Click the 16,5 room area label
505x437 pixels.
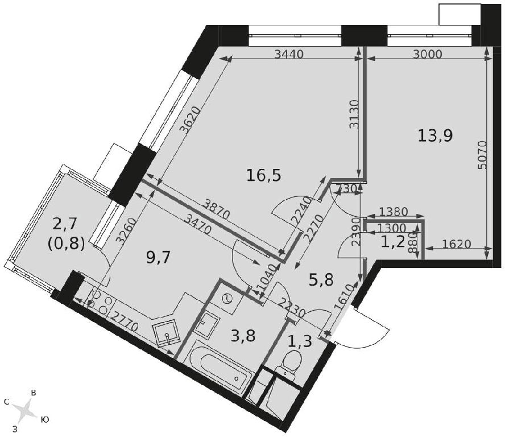(264, 176)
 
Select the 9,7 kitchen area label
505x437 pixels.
(158, 258)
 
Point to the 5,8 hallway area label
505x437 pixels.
(321, 281)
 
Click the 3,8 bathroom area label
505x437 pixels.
(243, 336)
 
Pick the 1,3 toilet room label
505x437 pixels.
(300, 341)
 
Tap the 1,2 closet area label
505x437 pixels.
(392, 242)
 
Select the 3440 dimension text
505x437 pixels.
(289, 55)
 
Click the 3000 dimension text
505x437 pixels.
(428, 55)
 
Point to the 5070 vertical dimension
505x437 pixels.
(482, 155)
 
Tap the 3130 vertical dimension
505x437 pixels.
(354, 114)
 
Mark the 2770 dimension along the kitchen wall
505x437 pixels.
(124, 321)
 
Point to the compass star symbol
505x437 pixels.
(25, 411)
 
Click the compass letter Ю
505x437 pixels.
(45, 419)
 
